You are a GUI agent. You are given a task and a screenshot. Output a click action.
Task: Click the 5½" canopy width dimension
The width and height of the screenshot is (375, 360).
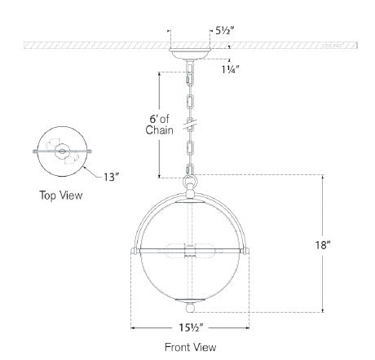pyautogui.click(x=224, y=31)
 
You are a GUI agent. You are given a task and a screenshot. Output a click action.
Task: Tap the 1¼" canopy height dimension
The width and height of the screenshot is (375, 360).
pyautogui.click(x=231, y=70)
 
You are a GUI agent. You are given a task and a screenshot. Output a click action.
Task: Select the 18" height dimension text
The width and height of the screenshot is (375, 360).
pyautogui.click(x=323, y=245)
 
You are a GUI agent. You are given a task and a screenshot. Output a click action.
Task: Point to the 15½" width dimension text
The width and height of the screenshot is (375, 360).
pyautogui.click(x=191, y=328)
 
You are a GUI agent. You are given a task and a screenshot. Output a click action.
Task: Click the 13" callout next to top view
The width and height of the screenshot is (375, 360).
pyautogui.click(x=112, y=178)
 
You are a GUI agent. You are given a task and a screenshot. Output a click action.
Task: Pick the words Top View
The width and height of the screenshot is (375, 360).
pyautogui.click(x=61, y=195)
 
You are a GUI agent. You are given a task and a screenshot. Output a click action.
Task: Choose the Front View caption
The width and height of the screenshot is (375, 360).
pyautogui.click(x=191, y=347)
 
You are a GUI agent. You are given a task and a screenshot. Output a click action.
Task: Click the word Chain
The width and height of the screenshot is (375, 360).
pyautogui.click(x=159, y=130)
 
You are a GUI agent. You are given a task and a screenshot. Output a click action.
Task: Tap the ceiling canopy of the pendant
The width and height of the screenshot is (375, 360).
pyautogui.click(x=190, y=54)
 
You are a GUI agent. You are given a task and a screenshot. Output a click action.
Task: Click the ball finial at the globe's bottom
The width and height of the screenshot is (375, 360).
pyautogui.click(x=190, y=308)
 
